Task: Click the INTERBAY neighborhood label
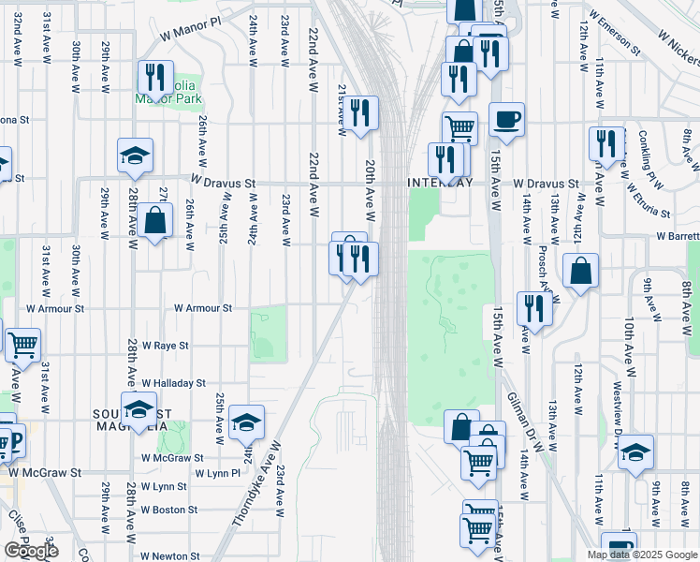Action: coord(440,182)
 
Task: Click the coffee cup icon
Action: coord(506,120)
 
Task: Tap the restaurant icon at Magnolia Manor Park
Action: coord(154,77)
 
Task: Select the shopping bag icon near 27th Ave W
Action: coord(156,222)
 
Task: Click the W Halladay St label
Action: coord(173,383)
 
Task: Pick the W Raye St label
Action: coord(166,346)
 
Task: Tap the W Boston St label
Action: coord(168,510)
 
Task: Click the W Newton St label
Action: coord(170,556)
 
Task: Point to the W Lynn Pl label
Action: coord(218,474)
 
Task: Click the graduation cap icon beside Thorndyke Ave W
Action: coord(247,421)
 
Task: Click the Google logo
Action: coord(31,551)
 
